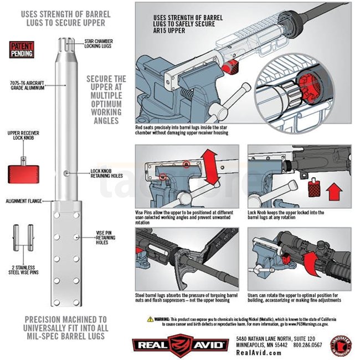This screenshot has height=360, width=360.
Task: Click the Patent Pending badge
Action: point(22,50)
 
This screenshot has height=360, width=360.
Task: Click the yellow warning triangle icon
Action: point(150,320)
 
